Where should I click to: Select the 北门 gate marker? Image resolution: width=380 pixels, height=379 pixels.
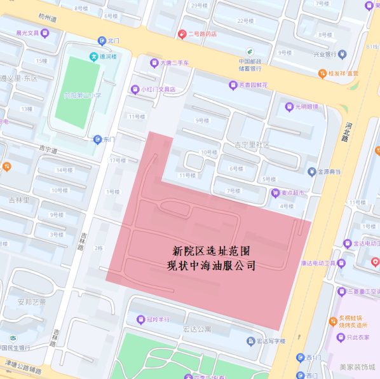pos(102,40)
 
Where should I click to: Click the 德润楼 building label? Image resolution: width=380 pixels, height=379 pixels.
pos(93,57)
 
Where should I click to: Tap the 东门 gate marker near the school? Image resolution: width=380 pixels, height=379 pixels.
pos(97,139)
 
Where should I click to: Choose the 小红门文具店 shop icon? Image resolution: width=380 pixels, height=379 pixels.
pos(134,89)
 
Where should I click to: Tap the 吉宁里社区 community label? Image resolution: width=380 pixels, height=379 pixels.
pos(252,145)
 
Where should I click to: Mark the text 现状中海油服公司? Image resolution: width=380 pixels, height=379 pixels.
pos(212,266)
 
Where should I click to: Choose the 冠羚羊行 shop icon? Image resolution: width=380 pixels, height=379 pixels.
pos(141,319)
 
